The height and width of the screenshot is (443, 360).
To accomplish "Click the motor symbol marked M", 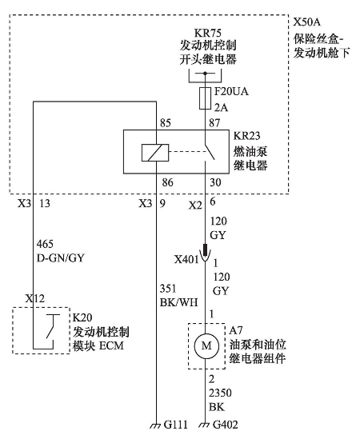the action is pyautogui.click(x=206, y=345).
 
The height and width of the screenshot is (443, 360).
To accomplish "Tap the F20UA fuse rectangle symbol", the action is pyautogui.click(x=205, y=98).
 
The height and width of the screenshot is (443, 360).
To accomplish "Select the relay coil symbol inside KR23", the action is pyautogui.click(x=155, y=153).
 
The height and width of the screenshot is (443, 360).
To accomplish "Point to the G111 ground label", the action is pyautogui.click(x=176, y=425).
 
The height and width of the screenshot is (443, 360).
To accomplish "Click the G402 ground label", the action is pyautogui.click(x=226, y=425).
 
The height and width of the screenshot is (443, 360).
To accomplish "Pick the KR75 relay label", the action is pyautogui.click(x=208, y=33).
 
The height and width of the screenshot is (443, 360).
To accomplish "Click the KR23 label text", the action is pyautogui.click(x=246, y=136).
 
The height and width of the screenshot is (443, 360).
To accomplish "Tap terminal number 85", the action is pyautogui.click(x=166, y=123).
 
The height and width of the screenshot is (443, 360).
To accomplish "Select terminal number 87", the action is pyautogui.click(x=214, y=123).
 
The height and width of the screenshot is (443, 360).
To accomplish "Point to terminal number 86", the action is pyautogui.click(x=167, y=182).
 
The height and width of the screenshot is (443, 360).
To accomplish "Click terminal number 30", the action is pyautogui.click(x=215, y=182).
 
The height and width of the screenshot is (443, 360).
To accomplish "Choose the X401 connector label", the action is pyautogui.click(x=186, y=259).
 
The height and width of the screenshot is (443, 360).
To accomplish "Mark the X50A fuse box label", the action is pyautogui.click(x=307, y=22).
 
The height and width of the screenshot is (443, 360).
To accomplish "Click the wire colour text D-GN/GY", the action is pyautogui.click(x=61, y=258).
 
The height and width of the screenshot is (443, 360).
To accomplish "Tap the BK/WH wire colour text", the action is pyautogui.click(x=179, y=302).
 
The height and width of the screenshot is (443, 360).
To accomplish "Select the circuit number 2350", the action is pyautogui.click(x=220, y=393).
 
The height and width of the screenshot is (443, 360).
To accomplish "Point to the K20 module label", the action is pyautogui.click(x=82, y=317).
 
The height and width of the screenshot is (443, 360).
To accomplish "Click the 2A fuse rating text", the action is pyautogui.click(x=222, y=108).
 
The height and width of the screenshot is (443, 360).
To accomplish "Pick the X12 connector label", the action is pyautogui.click(x=34, y=298).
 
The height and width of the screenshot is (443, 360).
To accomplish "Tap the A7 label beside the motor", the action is pyautogui.click(x=236, y=330).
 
